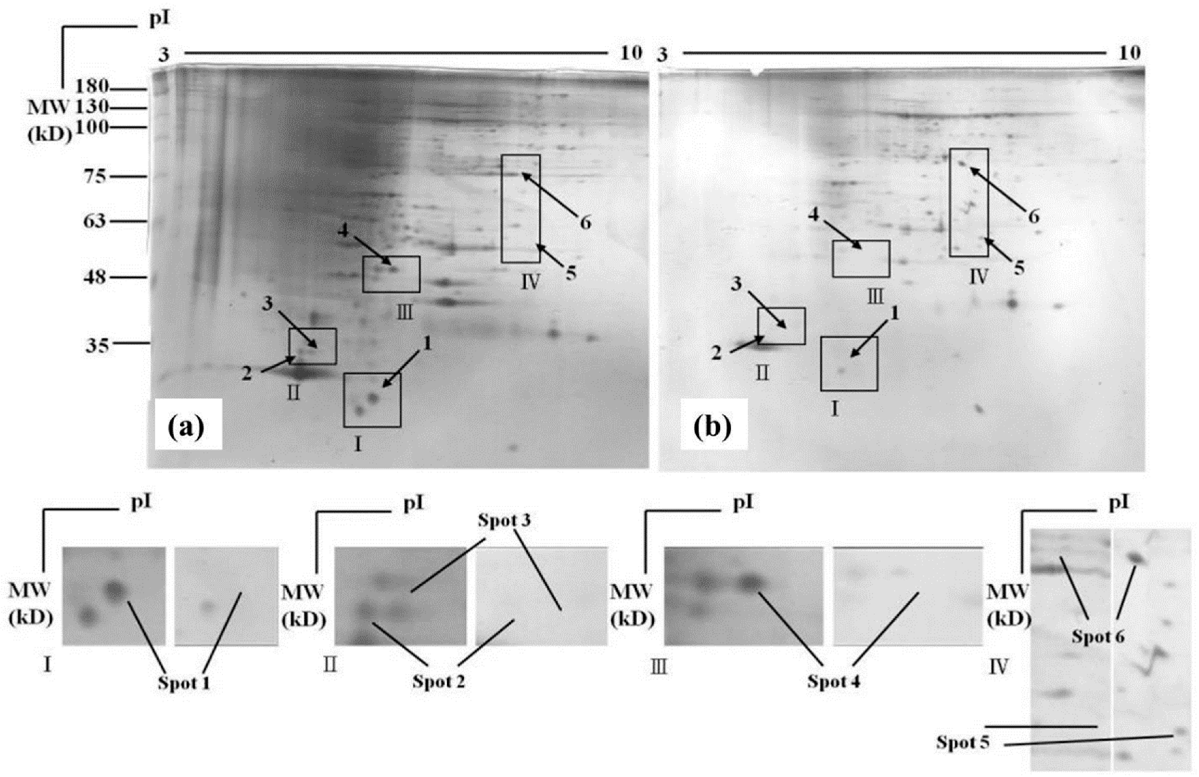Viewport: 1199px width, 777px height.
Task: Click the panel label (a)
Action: (187, 427)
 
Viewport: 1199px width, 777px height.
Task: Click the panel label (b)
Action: (712, 427)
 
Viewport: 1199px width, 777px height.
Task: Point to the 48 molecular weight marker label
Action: (95, 276)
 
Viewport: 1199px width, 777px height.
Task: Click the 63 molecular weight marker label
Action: (94, 221)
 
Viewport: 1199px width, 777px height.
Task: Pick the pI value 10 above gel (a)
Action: (631, 52)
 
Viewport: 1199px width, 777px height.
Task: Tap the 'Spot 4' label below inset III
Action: (834, 681)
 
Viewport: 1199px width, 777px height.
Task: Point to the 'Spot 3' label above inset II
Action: (504, 521)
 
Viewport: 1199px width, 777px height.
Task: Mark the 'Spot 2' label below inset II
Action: (438, 681)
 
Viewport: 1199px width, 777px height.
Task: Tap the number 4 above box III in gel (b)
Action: (814, 214)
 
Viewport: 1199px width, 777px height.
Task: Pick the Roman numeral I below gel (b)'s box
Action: (835, 409)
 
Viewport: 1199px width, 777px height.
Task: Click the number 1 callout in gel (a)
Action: (427, 343)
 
